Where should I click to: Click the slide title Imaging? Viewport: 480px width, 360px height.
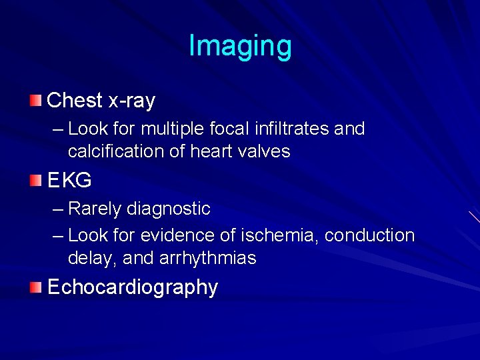[x=240, y=46]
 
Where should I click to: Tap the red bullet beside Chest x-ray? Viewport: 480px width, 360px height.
[x=35, y=101]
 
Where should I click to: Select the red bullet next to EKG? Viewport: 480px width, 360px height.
[x=35, y=179]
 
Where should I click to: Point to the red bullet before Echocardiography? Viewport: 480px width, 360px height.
[x=35, y=287]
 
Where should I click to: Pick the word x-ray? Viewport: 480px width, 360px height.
[x=131, y=101]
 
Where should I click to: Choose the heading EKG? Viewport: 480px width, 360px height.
[x=69, y=180]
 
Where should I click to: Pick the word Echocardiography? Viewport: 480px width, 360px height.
[x=133, y=287]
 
